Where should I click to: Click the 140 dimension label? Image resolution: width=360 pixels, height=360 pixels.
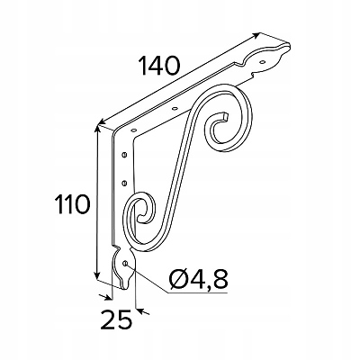(x=159, y=66)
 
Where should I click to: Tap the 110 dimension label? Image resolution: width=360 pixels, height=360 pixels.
(x=73, y=204)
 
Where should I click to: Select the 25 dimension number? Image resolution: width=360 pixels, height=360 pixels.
(x=117, y=320)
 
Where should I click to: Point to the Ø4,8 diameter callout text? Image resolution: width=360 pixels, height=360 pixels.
(x=199, y=279)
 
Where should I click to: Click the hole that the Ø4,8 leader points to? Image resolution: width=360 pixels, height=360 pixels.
(x=125, y=264)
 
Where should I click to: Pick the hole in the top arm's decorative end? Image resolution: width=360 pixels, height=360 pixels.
(x=263, y=62)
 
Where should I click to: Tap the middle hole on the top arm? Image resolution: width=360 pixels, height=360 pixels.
(x=175, y=108)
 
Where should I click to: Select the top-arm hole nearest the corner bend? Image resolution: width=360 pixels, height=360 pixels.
(x=134, y=130)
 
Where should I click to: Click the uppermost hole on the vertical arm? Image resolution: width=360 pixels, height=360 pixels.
(x=124, y=155)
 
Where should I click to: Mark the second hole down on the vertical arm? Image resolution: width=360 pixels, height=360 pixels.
(x=124, y=183)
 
